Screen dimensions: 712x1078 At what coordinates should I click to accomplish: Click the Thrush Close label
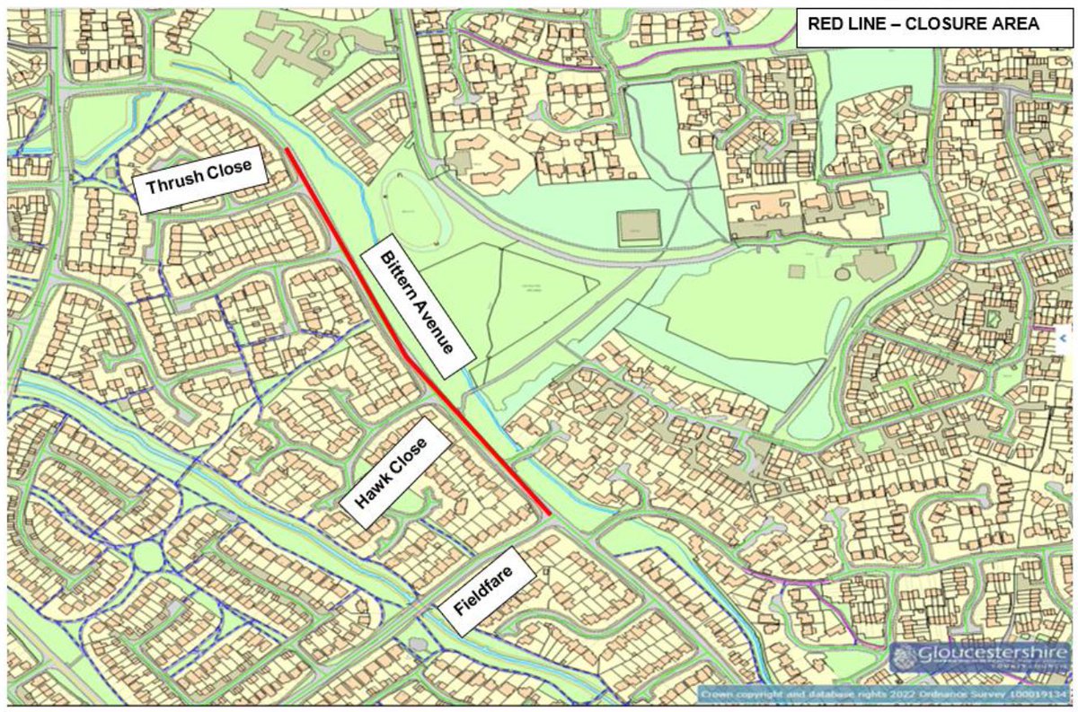coord(199,180)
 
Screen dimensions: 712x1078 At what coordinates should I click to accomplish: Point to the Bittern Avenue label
coord(417,311)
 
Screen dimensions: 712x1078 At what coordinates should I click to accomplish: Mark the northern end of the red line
coord(287,150)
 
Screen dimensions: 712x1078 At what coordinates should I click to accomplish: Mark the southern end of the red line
coord(548,514)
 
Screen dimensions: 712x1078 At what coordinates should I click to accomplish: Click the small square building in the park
coord(638,227)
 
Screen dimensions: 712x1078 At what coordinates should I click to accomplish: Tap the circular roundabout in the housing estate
coord(149,557)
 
